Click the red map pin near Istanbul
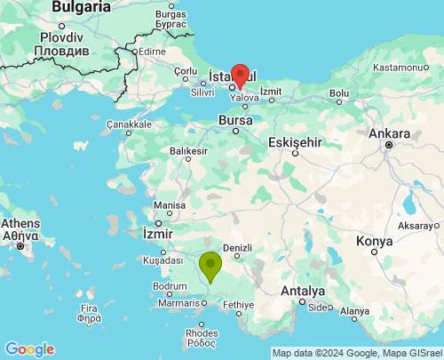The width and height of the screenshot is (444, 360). [239, 75]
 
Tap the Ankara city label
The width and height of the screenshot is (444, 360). [388, 133]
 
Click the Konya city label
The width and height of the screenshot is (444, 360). [374, 241]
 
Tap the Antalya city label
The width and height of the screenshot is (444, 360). [302, 291]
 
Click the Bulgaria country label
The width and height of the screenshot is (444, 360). [81, 7]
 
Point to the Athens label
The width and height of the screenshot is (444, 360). [20, 223]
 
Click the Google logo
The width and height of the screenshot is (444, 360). [29, 348]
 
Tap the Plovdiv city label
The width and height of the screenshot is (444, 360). [61, 38]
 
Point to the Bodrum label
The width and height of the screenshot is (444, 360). [170, 286]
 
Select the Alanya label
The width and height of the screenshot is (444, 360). [353, 311]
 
